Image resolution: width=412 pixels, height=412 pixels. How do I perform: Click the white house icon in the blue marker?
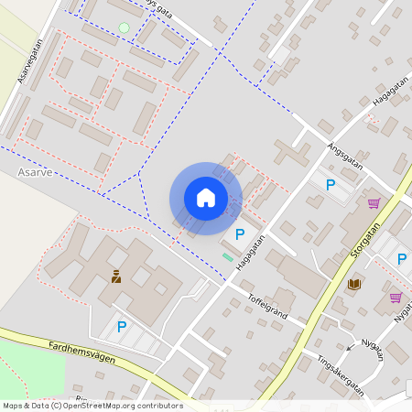(206, 198)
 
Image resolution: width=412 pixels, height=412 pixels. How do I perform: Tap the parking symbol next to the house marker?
(240, 234)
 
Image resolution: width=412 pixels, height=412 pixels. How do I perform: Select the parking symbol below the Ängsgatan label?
(331, 185)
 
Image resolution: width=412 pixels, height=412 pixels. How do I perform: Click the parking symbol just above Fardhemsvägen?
(121, 326)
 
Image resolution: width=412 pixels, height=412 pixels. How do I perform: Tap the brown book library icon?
(353, 285)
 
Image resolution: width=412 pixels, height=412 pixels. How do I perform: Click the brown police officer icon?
(116, 276)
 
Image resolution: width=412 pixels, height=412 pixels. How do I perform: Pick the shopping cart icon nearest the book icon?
(396, 297)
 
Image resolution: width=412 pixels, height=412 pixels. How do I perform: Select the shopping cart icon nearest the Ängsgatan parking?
(374, 203)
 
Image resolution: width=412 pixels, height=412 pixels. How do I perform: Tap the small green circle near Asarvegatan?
(124, 28)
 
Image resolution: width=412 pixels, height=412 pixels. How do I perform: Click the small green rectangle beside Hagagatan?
(227, 257)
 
